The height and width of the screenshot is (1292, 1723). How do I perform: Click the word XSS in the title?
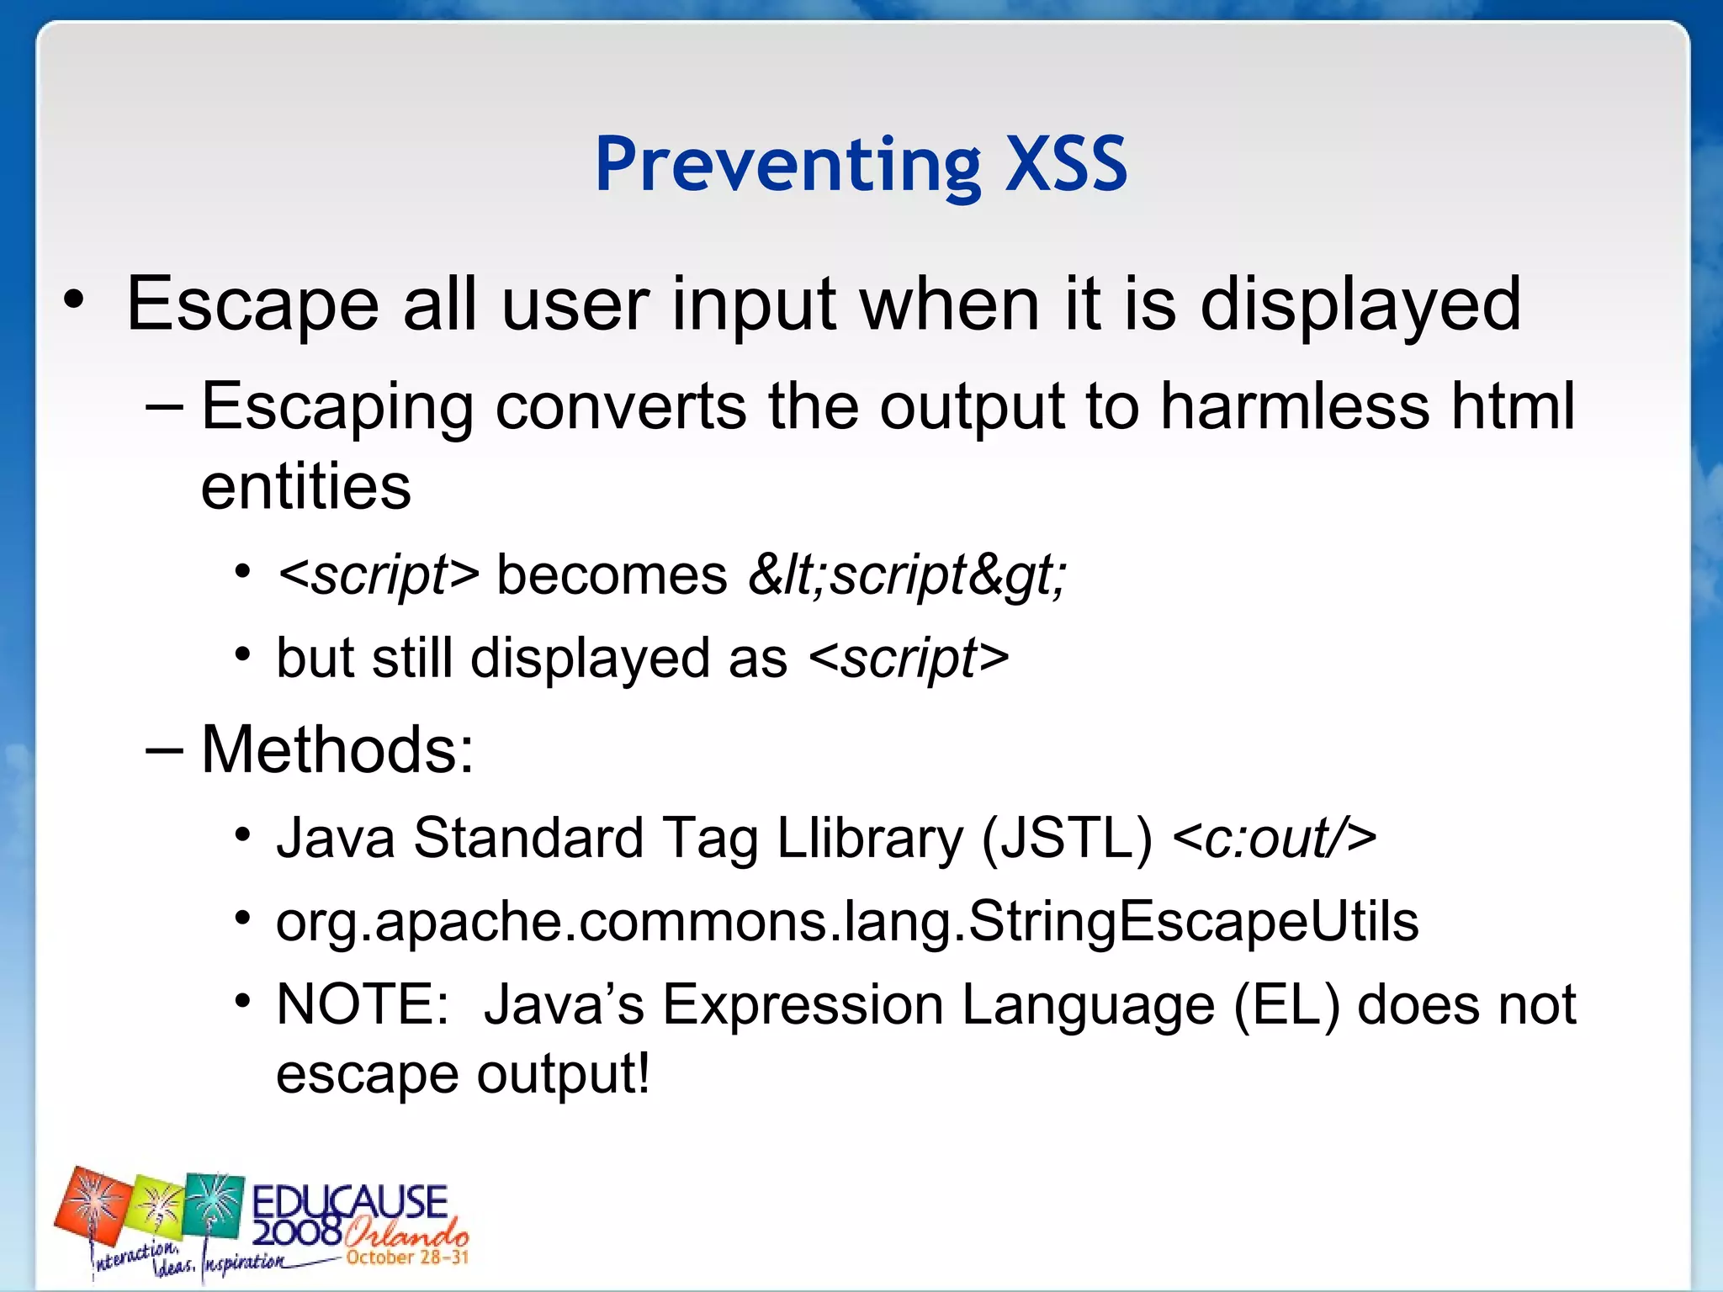coord(1066,164)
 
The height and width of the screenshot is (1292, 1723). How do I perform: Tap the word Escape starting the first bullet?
coord(252,304)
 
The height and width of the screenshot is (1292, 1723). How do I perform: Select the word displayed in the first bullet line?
coord(1360,304)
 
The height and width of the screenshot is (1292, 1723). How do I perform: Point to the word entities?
coord(305,487)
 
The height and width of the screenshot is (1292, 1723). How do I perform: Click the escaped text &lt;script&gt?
coord(907,576)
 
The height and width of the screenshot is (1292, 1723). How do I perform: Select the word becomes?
coord(612,576)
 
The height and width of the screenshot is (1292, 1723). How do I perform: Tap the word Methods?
coord(337,749)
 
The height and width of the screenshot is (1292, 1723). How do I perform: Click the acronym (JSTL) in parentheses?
coord(1066,839)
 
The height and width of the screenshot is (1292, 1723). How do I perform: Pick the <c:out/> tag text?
coord(1274,839)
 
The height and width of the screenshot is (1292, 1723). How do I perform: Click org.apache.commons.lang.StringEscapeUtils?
coord(847,922)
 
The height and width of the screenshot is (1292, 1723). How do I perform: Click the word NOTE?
coord(363,1004)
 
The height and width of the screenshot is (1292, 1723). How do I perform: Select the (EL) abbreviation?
coord(1286,1004)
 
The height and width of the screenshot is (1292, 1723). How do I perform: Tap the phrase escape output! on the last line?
coord(463,1074)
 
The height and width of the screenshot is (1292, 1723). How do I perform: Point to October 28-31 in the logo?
coord(406,1258)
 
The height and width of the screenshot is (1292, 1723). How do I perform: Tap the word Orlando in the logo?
coord(406,1234)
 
